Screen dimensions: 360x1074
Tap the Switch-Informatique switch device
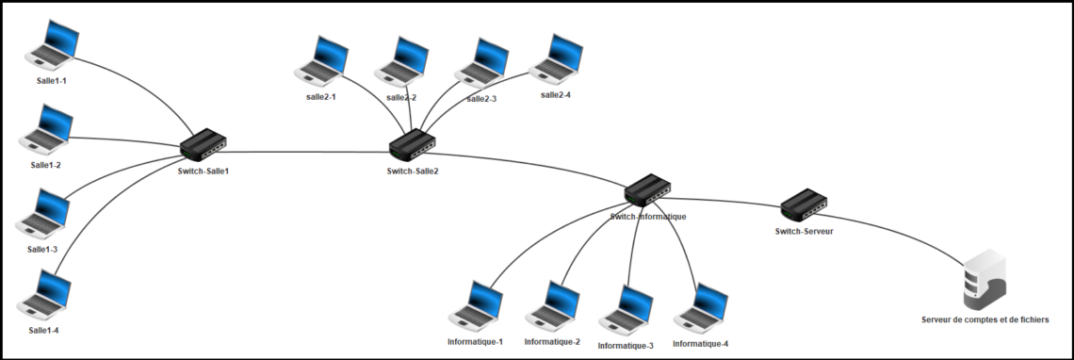tap(647, 191)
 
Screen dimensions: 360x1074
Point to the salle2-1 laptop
tap(321, 62)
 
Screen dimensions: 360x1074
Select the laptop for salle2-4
tap(557, 60)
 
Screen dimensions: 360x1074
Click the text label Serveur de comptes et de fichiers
tap(984, 320)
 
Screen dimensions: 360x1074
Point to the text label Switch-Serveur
tap(804, 231)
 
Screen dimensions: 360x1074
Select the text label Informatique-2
tap(552, 341)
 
